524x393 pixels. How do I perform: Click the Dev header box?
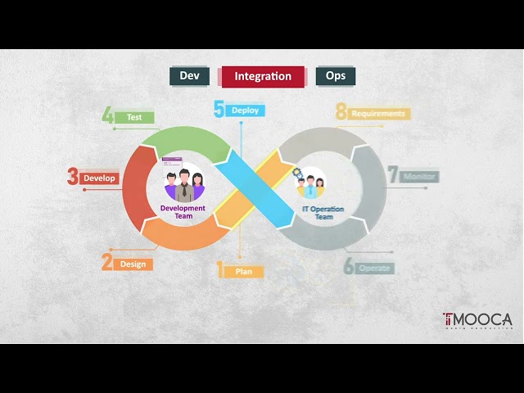[189, 76]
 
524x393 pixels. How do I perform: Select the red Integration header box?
[263, 76]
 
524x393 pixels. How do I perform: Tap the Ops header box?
[336, 76]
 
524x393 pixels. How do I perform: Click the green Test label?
[135, 117]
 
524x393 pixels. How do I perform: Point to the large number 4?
[108, 115]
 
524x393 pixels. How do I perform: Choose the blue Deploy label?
[246, 110]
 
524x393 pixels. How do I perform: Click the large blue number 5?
[219, 109]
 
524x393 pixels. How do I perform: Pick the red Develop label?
[100, 178]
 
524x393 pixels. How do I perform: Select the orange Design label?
[133, 264]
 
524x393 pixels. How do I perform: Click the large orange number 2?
[107, 263]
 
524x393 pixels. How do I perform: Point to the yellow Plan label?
[244, 271]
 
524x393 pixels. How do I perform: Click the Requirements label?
[378, 114]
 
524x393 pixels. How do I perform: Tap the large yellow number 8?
[341, 113]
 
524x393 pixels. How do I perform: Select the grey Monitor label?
[419, 176]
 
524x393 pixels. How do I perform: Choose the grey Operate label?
[375, 268]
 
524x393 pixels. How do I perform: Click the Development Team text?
[183, 212]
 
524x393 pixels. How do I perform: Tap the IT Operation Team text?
[323, 213]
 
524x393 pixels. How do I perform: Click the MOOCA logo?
[477, 319]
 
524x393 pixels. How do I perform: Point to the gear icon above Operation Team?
[298, 174]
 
